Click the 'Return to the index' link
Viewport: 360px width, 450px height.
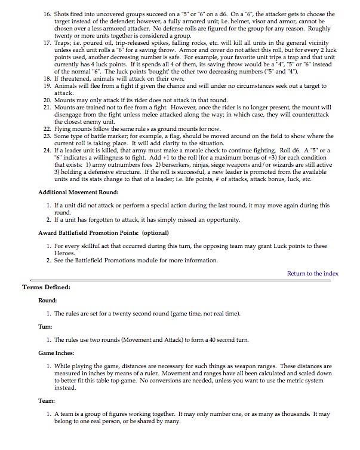(312, 274)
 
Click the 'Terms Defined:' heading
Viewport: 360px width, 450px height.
(46, 288)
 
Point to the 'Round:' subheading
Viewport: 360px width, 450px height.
(47, 300)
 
